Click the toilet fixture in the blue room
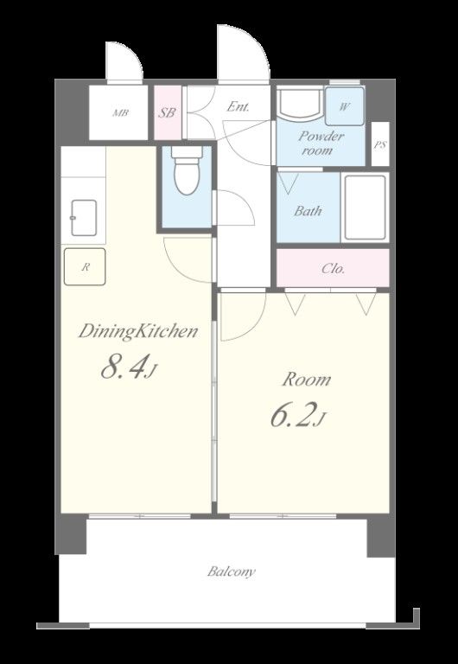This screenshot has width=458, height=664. (188, 170)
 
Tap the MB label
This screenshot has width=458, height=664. (120, 113)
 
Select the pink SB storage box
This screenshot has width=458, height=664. (168, 112)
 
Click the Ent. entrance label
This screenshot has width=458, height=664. (238, 106)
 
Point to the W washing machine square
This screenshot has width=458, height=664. (345, 106)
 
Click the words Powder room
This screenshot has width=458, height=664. (321, 144)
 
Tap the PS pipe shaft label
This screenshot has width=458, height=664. (380, 145)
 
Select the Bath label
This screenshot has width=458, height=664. (308, 210)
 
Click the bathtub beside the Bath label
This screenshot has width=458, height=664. (365, 207)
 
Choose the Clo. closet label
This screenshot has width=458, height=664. (333, 269)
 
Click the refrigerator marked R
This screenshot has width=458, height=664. (85, 267)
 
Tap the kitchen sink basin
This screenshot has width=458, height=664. (83, 218)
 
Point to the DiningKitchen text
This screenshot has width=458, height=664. (138, 332)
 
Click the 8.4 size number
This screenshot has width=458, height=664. (125, 367)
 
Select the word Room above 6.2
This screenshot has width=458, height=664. (307, 380)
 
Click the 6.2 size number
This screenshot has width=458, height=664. (295, 415)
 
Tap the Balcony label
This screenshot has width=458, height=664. (231, 571)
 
